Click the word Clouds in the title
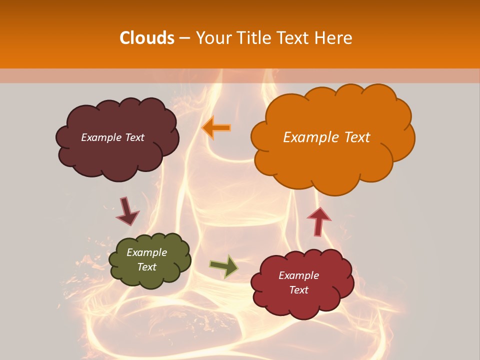pos(147,38)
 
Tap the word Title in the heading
pos(254,38)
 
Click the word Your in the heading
pos(213,38)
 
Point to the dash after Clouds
pos(183,38)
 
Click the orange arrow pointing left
pos(216,127)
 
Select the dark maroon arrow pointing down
pos(127,211)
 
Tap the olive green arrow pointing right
pos(223,266)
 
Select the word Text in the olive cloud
pos(147,267)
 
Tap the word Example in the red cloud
pos(298,275)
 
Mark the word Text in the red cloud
pos(298,290)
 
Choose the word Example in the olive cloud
pos(147,252)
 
